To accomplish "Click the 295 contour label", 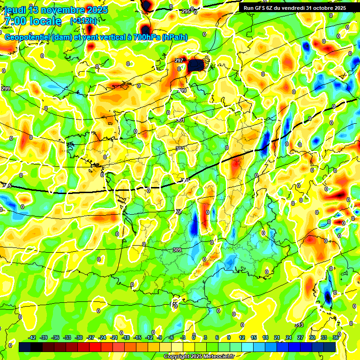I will pyautogui.click(x=186, y=11).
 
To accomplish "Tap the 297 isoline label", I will pyautogui.click(x=179, y=60).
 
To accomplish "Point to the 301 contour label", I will pyautogui.click(x=180, y=120).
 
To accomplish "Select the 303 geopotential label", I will pyautogui.click(x=180, y=149).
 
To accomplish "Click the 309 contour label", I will pyautogui.click(x=177, y=250).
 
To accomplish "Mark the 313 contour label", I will pyautogui.click(x=299, y=325).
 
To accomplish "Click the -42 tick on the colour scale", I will pyautogui.click(x=32, y=337).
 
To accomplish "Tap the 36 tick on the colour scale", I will pyautogui.click(x=336, y=337).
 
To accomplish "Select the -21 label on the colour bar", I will pyautogui.click(x=114, y=337).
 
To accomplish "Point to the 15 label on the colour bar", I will pyautogui.click(x=254, y=337).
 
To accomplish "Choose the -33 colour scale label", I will pyautogui.click(x=67, y=337).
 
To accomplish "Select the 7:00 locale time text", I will pyautogui.click(x=32, y=21).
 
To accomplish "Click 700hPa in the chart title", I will pyautogui.click(x=142, y=37).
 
